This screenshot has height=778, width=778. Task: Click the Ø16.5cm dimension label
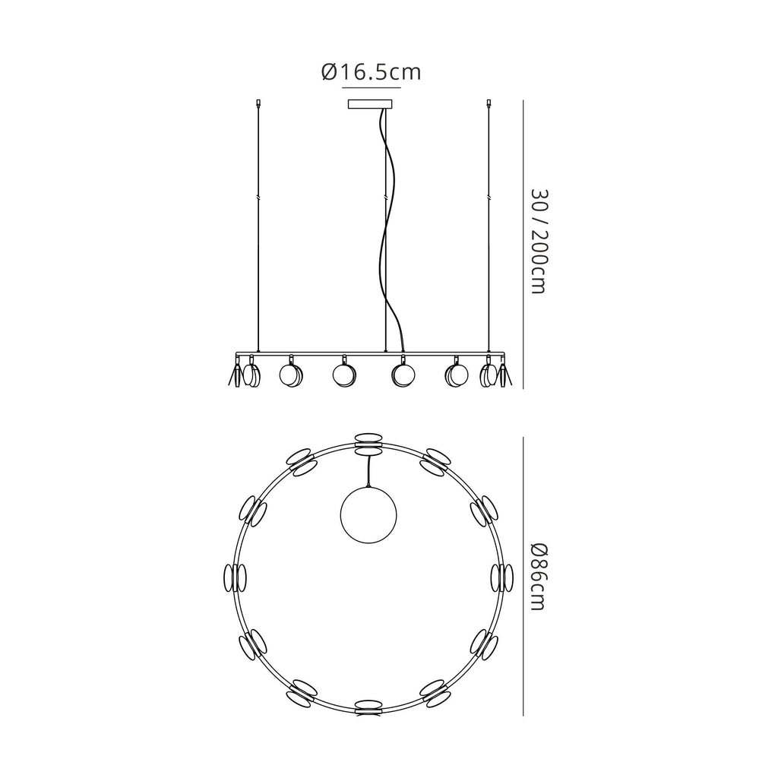coord(371,72)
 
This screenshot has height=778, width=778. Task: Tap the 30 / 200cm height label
coord(539,241)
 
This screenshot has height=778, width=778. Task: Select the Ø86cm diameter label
coord(539,577)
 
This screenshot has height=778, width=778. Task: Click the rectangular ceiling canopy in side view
coord(370,104)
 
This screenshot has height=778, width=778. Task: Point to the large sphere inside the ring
coord(368,514)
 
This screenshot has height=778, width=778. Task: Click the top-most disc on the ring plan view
coord(368,443)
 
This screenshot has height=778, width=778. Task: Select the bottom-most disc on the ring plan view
coord(368,709)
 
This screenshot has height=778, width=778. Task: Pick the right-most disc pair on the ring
coord(503,578)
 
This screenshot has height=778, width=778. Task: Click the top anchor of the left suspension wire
coord(258,103)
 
